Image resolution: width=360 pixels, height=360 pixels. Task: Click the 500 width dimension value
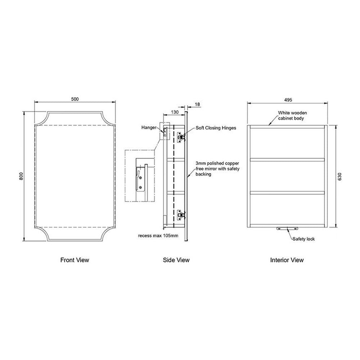click(x=75, y=99)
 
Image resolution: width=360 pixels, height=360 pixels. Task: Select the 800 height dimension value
click(x=21, y=176)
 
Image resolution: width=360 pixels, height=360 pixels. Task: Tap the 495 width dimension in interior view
click(x=288, y=100)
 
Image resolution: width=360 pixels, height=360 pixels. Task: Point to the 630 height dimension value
click(x=340, y=176)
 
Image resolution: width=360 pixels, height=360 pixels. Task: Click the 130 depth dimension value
click(x=175, y=112)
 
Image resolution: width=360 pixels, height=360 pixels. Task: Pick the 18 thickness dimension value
click(x=197, y=104)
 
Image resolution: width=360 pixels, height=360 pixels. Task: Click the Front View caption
click(x=75, y=260)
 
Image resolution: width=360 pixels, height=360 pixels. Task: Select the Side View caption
click(x=176, y=260)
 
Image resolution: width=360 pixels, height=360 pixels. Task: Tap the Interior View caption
click(x=287, y=260)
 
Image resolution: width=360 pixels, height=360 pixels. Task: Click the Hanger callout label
click(x=149, y=127)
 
